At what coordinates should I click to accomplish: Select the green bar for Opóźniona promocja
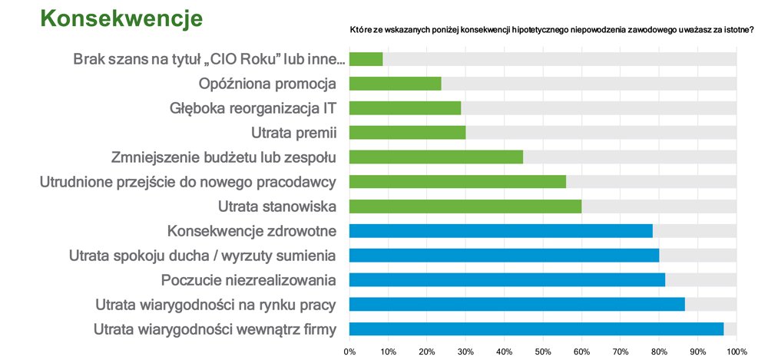[x=396, y=84]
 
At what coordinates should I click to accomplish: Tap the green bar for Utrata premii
[x=408, y=133]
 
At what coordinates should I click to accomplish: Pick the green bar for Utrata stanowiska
[x=465, y=206]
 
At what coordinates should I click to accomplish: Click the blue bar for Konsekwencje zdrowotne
[x=501, y=231]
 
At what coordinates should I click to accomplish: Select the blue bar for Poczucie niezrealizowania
[x=507, y=280]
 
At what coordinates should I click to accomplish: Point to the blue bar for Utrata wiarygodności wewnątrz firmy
[x=536, y=329]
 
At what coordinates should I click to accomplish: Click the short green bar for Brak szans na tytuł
[x=366, y=59]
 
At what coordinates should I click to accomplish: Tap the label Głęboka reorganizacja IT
[x=253, y=108]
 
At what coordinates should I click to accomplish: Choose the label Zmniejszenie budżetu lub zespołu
[x=225, y=157]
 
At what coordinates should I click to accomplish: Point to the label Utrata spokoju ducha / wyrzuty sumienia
[x=202, y=256]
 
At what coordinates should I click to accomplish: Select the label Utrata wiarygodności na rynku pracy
[x=215, y=305]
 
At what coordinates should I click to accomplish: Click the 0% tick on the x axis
[x=349, y=352]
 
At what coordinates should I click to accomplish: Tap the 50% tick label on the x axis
[x=543, y=352]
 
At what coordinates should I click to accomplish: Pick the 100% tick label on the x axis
[x=736, y=352]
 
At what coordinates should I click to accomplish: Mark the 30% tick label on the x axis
[x=465, y=352]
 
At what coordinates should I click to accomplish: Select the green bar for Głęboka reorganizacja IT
[x=406, y=108]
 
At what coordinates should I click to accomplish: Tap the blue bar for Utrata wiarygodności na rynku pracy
[x=517, y=305]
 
